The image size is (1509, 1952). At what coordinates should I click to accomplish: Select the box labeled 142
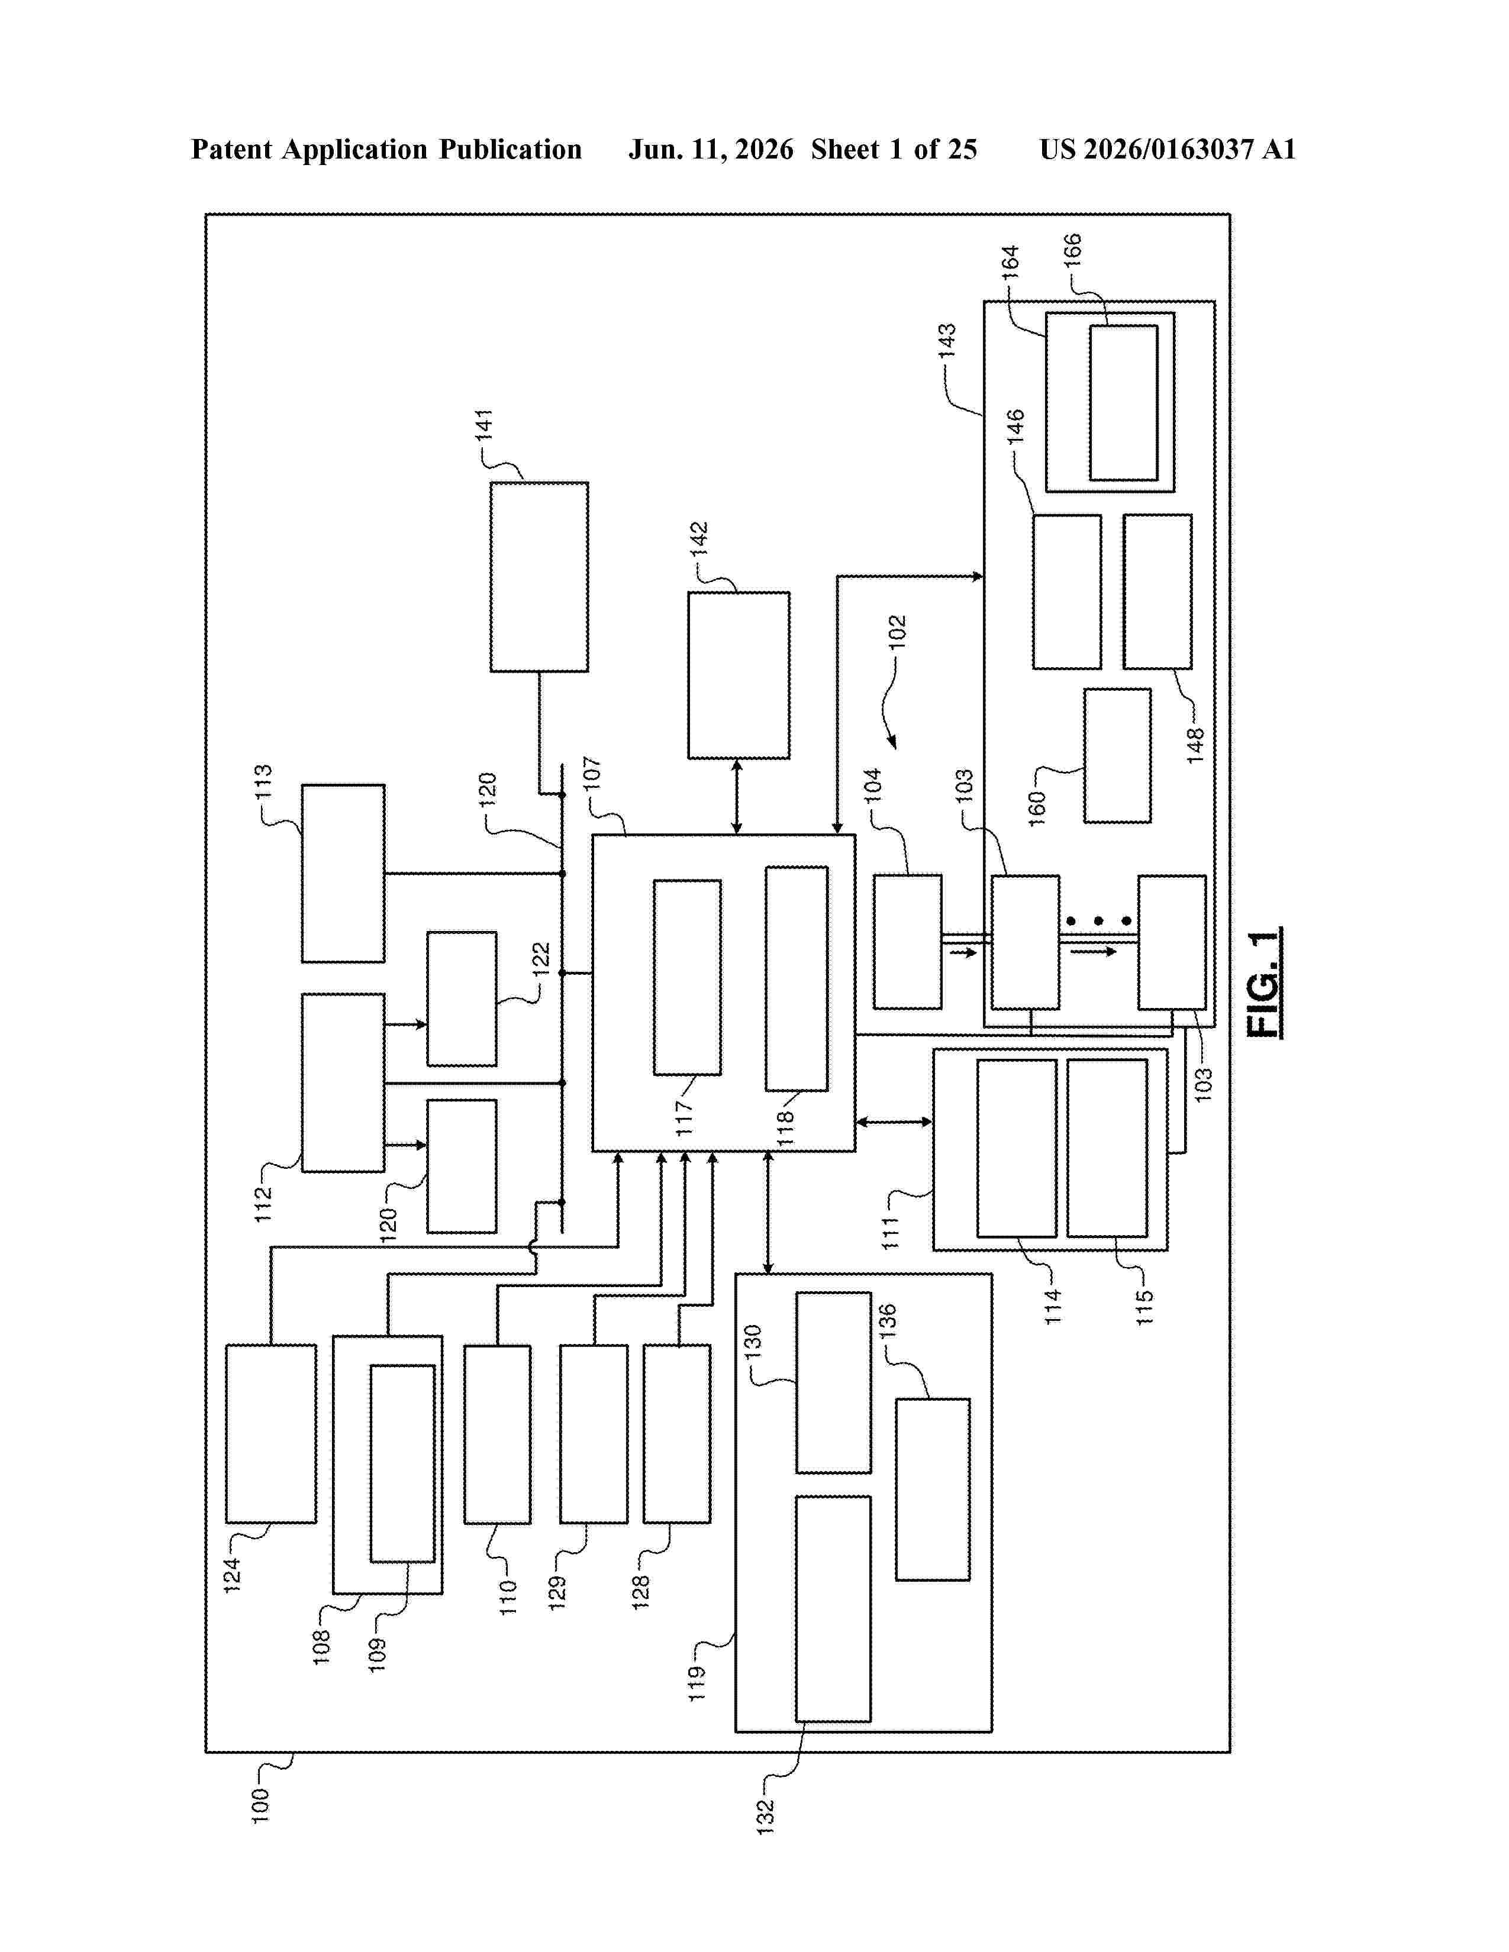(739, 675)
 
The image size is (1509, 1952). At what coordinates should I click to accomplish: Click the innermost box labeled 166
(1123, 402)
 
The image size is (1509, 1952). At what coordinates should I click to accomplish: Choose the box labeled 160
(1117, 755)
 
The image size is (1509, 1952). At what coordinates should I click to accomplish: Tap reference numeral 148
(1195, 745)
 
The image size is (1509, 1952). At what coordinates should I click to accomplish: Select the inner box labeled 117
(688, 977)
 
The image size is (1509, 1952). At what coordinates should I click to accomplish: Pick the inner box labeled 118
(797, 978)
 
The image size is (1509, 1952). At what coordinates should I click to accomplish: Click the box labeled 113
(343, 873)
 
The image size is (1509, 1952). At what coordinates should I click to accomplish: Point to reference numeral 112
(263, 1204)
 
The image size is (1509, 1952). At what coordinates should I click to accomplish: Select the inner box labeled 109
(403, 1463)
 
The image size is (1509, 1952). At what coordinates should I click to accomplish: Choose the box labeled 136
(933, 1489)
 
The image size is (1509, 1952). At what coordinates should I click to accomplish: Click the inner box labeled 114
(1017, 1148)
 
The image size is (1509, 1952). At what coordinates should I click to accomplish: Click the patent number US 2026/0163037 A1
(1168, 149)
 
